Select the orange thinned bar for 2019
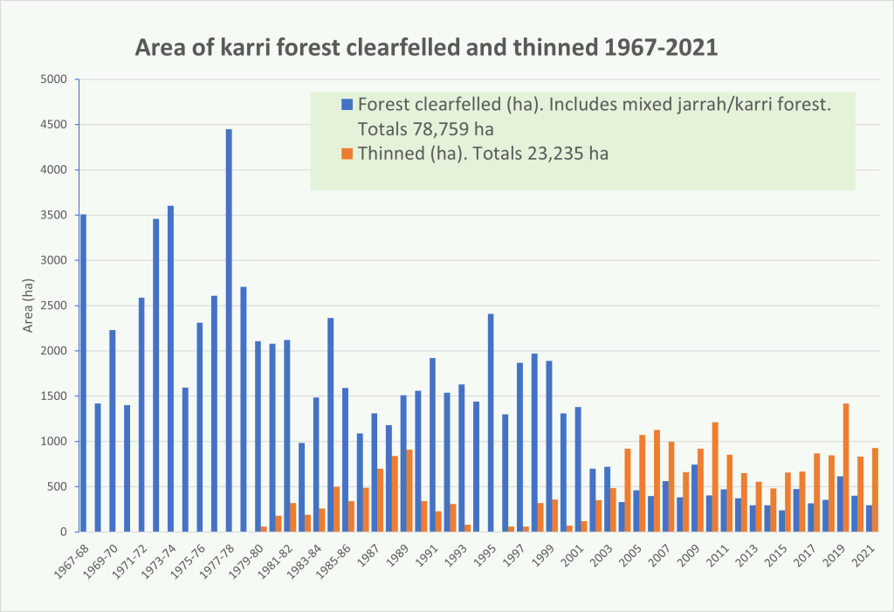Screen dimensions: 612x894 pyautogui.click(x=846, y=467)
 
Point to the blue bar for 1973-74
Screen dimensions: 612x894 pyautogui.click(x=170, y=368)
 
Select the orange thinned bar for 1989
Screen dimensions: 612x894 pyautogui.click(x=410, y=490)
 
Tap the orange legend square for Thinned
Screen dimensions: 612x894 pyautogui.click(x=347, y=154)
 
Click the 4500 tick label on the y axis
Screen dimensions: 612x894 pyautogui.click(x=54, y=125)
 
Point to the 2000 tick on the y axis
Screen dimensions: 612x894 pyautogui.click(x=54, y=351)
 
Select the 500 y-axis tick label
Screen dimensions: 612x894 pyautogui.click(x=58, y=486)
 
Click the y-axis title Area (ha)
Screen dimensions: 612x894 pyautogui.click(x=28, y=306)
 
